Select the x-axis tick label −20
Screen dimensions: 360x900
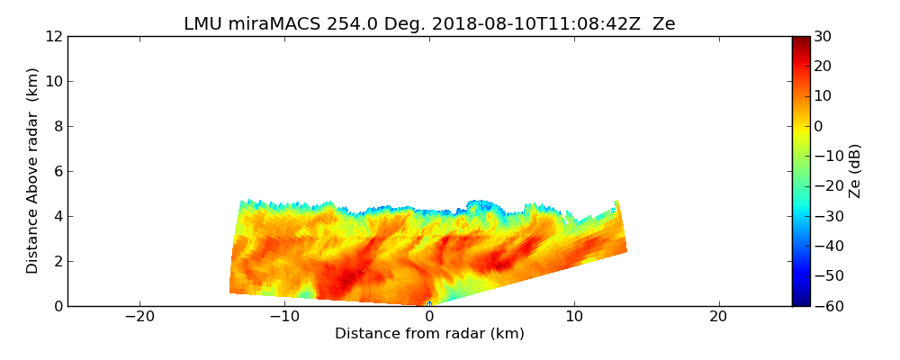click(139, 317)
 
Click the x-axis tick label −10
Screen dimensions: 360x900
click(284, 317)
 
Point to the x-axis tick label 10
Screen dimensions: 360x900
click(573, 317)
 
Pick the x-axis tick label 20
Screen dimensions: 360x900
click(718, 317)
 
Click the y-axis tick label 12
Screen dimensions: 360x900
click(54, 37)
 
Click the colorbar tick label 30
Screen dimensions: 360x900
click(823, 37)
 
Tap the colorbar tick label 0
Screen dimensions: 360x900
click(819, 127)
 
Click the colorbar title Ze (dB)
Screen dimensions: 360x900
click(855, 171)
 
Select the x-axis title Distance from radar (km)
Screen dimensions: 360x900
click(429, 334)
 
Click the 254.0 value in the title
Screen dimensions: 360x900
click(334, 24)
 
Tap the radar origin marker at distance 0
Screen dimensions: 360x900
click(429, 304)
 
